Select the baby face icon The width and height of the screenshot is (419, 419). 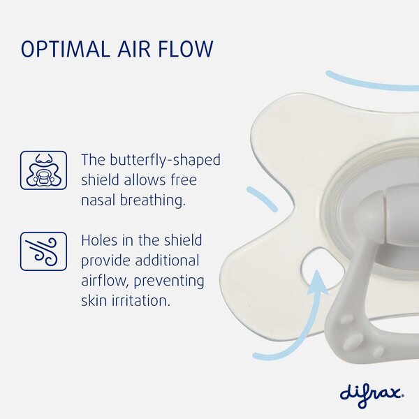click(x=43, y=170)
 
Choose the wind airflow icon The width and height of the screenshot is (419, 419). click(x=43, y=251)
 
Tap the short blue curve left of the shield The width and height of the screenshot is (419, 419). click(x=262, y=199)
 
